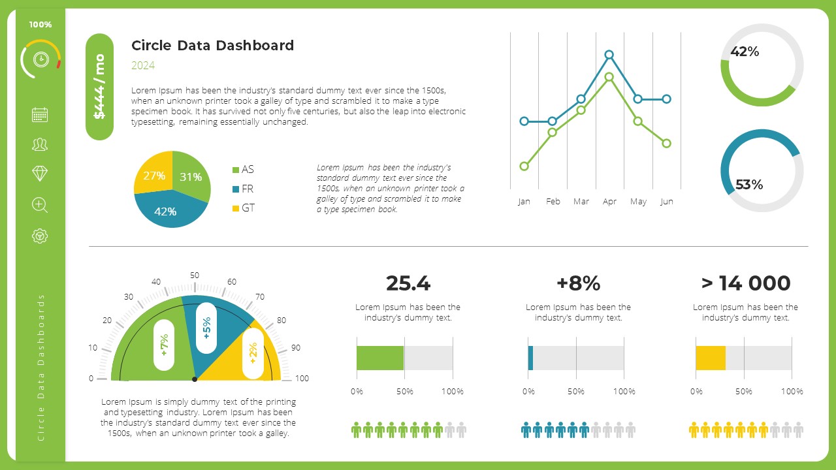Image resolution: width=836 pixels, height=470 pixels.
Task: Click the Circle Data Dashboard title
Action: tap(212, 45)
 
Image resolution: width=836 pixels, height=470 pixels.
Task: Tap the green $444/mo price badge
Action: tap(99, 87)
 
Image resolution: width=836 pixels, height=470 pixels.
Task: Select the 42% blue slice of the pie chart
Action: tap(166, 210)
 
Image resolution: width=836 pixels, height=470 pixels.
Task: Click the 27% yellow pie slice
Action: tap(154, 175)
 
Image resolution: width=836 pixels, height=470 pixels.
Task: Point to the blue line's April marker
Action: tap(609, 55)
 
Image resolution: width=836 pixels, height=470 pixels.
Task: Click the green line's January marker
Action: tap(524, 166)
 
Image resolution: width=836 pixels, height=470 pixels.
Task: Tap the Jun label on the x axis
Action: tap(666, 202)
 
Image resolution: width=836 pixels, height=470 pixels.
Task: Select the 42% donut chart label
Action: tap(745, 52)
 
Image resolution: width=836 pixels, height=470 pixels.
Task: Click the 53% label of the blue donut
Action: tap(749, 185)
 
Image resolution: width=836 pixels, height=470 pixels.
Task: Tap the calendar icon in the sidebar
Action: tap(40, 115)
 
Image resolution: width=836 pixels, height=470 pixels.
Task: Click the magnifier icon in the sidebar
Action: tap(40, 205)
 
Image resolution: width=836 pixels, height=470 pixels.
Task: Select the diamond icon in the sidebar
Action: tap(40, 173)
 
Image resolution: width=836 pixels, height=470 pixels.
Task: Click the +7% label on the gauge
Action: tap(164, 345)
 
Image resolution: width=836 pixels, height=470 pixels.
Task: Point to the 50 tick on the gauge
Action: tap(195, 275)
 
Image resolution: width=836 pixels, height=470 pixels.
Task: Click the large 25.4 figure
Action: tap(408, 283)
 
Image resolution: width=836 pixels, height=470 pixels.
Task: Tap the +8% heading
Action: tap(578, 283)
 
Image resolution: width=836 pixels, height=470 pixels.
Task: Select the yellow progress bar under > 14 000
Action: tap(711, 358)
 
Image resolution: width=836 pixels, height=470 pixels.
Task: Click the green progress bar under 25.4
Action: tap(380, 358)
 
